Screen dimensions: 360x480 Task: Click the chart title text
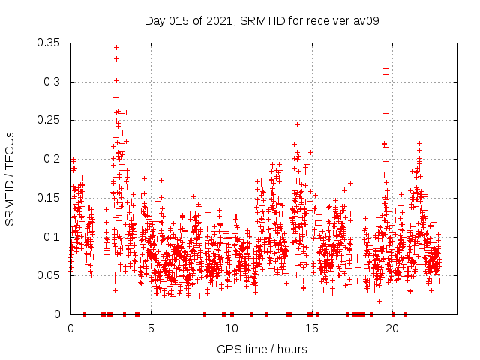pyautogui.click(x=262, y=20)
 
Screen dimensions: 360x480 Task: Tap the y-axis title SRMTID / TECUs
pyautogui.click(x=10, y=179)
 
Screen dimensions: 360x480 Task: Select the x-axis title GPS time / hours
pyautogui.click(x=262, y=349)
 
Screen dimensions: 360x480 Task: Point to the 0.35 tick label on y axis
pyautogui.click(x=49, y=43)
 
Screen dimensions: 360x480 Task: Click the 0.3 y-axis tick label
pyautogui.click(x=52, y=82)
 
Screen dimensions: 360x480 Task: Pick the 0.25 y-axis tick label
pyautogui.click(x=49, y=120)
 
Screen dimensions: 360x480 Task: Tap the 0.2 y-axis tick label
pyautogui.click(x=52, y=159)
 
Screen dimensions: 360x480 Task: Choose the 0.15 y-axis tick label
pyautogui.click(x=49, y=198)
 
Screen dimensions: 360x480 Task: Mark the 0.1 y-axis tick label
pyautogui.click(x=52, y=236)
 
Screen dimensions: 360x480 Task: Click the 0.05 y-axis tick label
pyautogui.click(x=49, y=275)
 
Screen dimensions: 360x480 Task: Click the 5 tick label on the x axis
pyautogui.click(x=151, y=328)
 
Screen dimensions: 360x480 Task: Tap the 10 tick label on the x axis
pyautogui.click(x=231, y=328)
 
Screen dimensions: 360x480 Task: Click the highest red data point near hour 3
pyautogui.click(x=116, y=47)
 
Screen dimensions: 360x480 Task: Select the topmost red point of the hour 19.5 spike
pyautogui.click(x=385, y=68)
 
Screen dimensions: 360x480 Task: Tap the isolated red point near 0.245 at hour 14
pyautogui.click(x=297, y=124)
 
